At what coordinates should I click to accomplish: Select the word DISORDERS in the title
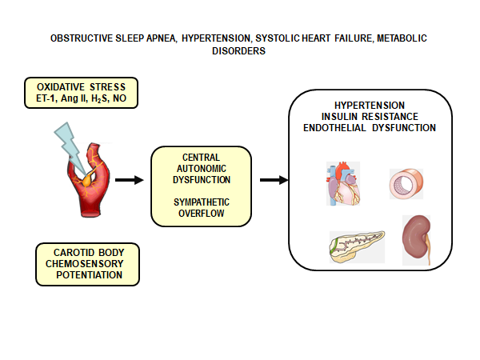pyautogui.click(x=239, y=50)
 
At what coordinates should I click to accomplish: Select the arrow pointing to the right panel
pyautogui.click(x=274, y=179)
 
